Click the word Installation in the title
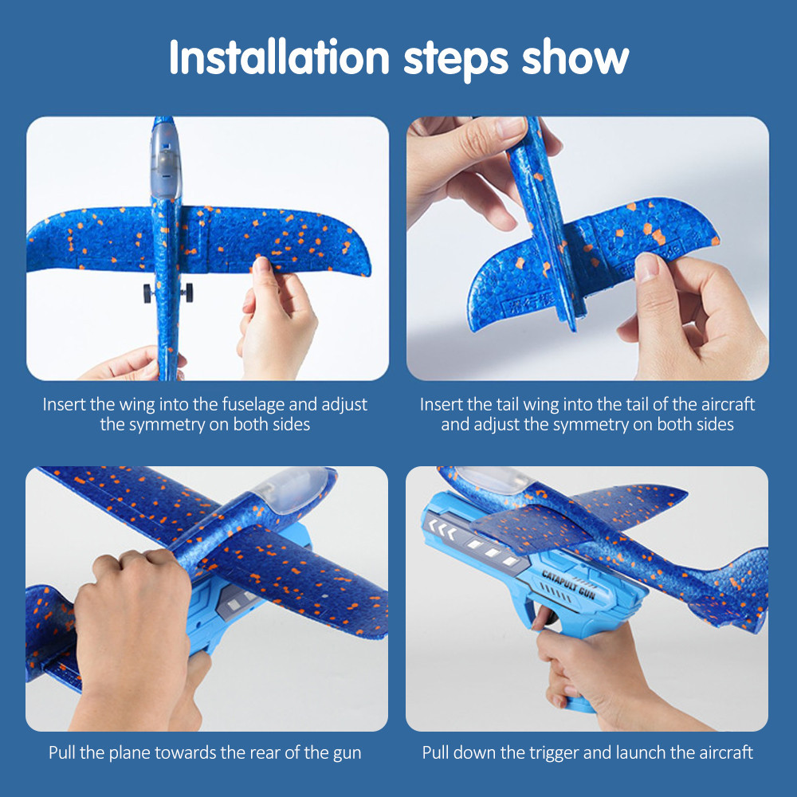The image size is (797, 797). coord(279,57)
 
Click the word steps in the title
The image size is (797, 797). coord(455,60)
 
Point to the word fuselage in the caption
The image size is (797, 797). coord(253,405)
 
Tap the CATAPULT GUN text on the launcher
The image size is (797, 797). coord(568,585)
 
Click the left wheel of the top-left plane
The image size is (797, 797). coord(147,293)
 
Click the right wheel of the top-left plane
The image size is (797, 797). coord(189,292)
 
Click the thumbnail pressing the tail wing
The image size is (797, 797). coord(646,267)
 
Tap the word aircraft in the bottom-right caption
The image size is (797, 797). coord(726,752)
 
